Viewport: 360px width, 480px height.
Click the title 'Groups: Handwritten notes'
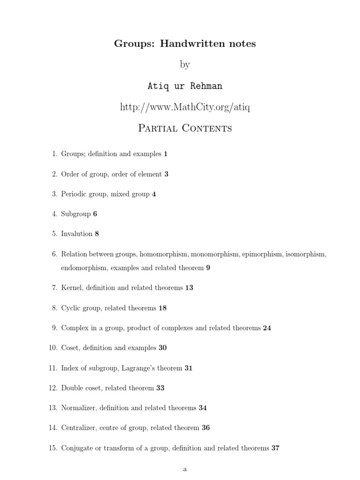coord(185,44)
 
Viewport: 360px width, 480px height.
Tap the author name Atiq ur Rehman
coord(185,86)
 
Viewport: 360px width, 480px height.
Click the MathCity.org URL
coord(185,107)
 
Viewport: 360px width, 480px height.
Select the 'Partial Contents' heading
coord(185,128)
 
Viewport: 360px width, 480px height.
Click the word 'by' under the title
coord(185,65)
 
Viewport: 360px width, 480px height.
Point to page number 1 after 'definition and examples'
coord(165,154)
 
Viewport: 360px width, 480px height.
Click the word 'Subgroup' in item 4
coord(76,214)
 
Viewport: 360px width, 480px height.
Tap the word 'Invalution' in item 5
coord(77,233)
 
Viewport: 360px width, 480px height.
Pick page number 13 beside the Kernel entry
coord(189,288)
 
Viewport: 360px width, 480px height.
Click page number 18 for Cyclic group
coord(163,308)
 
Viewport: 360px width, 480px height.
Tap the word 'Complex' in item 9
coord(75,328)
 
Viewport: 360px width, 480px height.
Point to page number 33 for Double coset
coord(160,388)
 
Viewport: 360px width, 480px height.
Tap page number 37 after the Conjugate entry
coord(275,448)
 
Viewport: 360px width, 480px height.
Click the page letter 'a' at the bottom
coord(185,469)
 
